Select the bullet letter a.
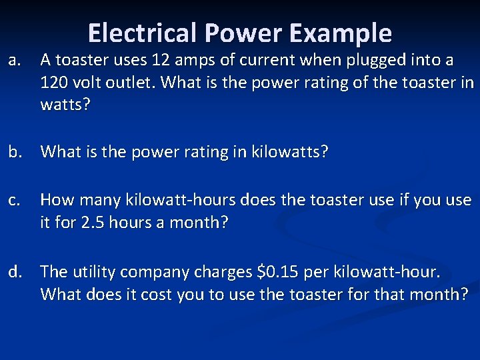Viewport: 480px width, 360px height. (14, 61)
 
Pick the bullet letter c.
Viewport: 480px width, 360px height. (14, 200)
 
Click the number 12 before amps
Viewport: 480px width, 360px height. (160, 61)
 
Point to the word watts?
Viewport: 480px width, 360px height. (65, 105)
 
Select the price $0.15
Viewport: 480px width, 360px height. (279, 272)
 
